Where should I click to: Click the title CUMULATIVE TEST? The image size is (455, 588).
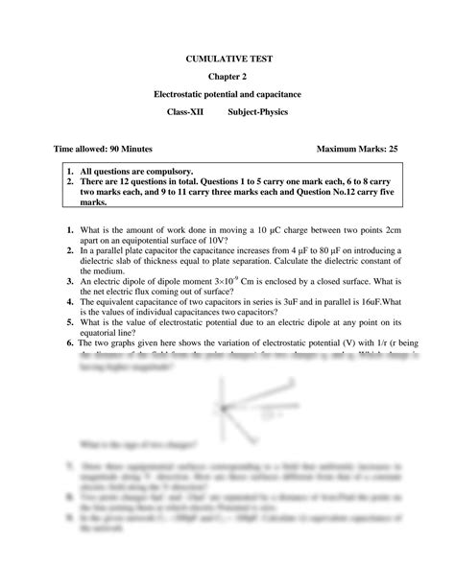point(227,59)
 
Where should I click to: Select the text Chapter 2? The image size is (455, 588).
point(227,77)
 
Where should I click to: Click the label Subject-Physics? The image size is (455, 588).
point(259,112)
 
